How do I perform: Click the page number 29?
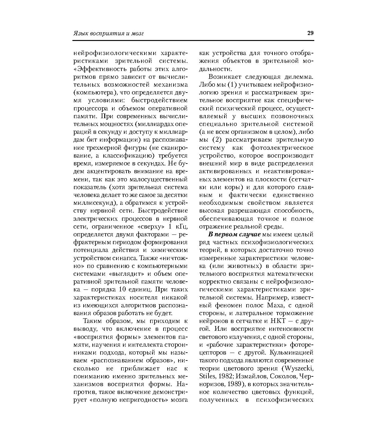point(310,33)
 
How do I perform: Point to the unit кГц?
point(182,226)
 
